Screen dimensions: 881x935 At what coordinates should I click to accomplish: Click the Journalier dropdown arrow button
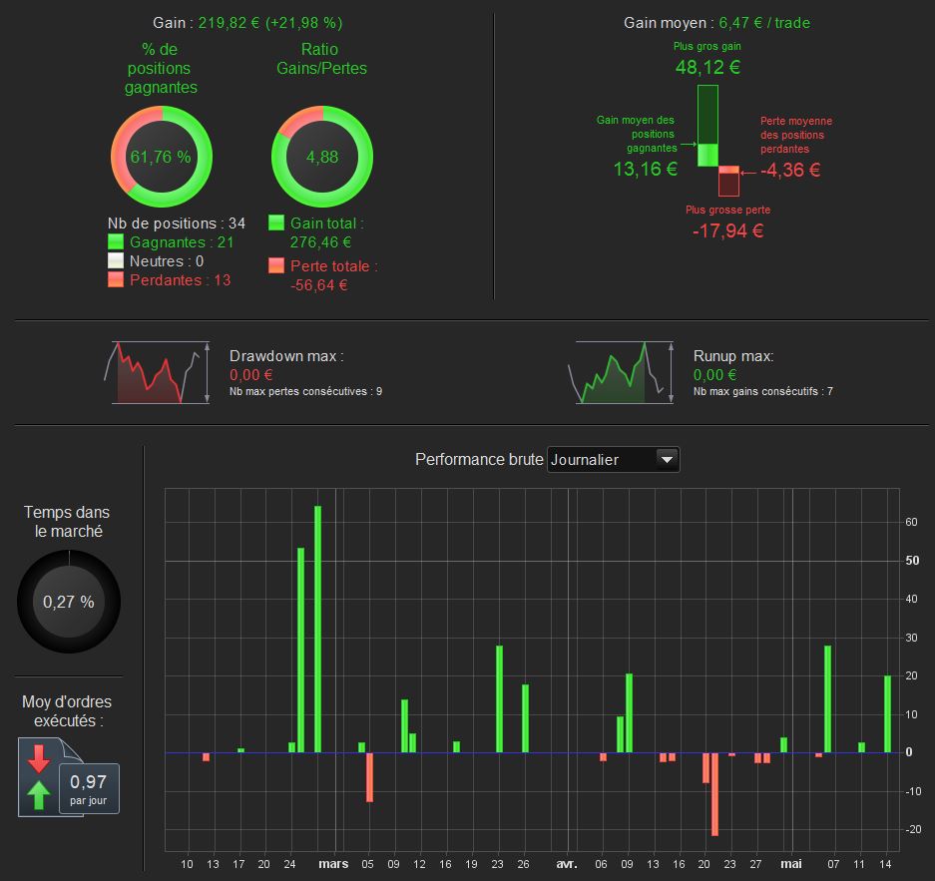click(x=667, y=459)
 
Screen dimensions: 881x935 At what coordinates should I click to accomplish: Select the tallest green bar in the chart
click(x=318, y=629)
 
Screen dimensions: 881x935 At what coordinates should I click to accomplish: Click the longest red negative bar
click(x=714, y=793)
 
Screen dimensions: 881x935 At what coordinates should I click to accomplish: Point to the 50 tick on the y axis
click(x=911, y=561)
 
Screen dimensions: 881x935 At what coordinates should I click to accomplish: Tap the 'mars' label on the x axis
click(x=333, y=864)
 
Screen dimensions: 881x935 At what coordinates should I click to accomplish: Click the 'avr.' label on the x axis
click(x=566, y=864)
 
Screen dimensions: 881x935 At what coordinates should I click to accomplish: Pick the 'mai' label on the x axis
click(x=791, y=864)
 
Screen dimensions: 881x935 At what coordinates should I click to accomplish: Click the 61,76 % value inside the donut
click(x=160, y=157)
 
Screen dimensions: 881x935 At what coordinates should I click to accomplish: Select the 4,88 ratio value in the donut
click(x=321, y=157)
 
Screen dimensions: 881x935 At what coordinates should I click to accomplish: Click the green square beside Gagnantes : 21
click(x=116, y=242)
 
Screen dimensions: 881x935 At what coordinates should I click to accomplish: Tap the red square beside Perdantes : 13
click(x=116, y=280)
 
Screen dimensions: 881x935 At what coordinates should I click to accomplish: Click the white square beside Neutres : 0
click(x=116, y=261)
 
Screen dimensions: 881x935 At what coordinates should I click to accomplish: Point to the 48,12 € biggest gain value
click(x=707, y=68)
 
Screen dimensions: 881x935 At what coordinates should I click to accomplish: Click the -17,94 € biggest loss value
click(x=727, y=231)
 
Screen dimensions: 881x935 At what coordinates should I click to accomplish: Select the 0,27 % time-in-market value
click(x=69, y=602)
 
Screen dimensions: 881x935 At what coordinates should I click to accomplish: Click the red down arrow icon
click(x=39, y=757)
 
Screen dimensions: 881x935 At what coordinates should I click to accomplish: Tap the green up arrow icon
click(x=39, y=795)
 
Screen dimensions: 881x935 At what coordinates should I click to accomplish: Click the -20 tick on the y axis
click(x=911, y=830)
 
